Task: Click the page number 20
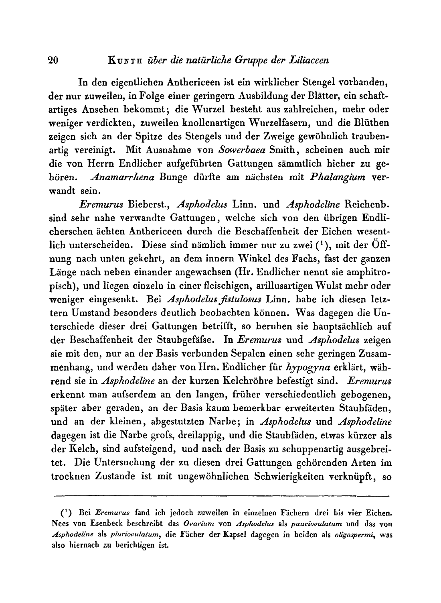(x=53, y=61)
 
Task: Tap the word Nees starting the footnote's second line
(x=61, y=524)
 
